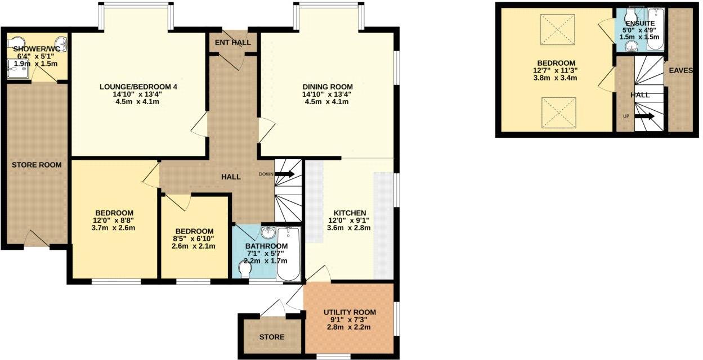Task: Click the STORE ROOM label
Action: pos(37,165)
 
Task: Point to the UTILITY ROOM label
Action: pos(350,312)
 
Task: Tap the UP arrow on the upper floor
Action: pos(645,116)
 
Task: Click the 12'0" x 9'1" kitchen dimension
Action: pos(350,220)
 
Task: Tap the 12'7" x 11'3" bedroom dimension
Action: pos(556,71)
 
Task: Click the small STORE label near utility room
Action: pos(272,337)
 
